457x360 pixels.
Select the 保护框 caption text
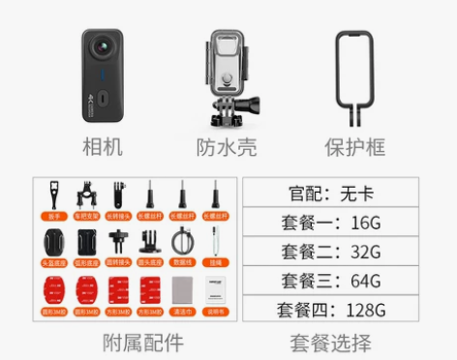tap(354, 147)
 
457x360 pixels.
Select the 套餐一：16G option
tap(330, 222)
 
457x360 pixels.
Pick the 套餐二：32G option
tap(330, 251)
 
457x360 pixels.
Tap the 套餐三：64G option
tap(330, 281)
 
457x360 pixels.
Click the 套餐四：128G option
tap(330, 310)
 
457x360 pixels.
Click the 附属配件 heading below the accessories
tap(142, 342)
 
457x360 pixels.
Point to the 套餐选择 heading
tap(330, 342)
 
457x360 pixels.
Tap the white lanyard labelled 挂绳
tap(215, 243)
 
